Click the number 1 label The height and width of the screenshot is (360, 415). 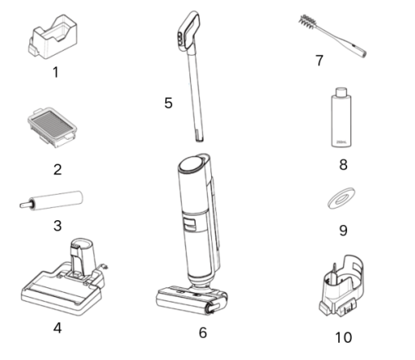click(56, 72)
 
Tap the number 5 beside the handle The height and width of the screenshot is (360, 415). click(169, 103)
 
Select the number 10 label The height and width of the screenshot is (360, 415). click(344, 337)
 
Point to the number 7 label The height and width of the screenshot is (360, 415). click(319, 61)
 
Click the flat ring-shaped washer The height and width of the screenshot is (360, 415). click(341, 198)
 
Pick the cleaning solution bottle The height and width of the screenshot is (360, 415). click(341, 118)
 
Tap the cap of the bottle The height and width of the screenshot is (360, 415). click(341, 92)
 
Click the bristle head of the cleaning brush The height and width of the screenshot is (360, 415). click(308, 21)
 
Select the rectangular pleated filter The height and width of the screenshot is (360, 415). click(52, 127)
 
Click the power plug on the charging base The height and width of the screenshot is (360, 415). click(104, 266)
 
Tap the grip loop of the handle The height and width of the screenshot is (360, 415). click(188, 30)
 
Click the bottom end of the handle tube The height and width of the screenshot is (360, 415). click(200, 139)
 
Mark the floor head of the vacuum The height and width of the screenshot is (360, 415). click(192, 299)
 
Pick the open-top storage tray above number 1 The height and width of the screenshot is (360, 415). click(52, 37)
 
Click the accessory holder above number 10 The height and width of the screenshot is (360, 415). click(341, 286)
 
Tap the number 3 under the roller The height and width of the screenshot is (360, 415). click(57, 226)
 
